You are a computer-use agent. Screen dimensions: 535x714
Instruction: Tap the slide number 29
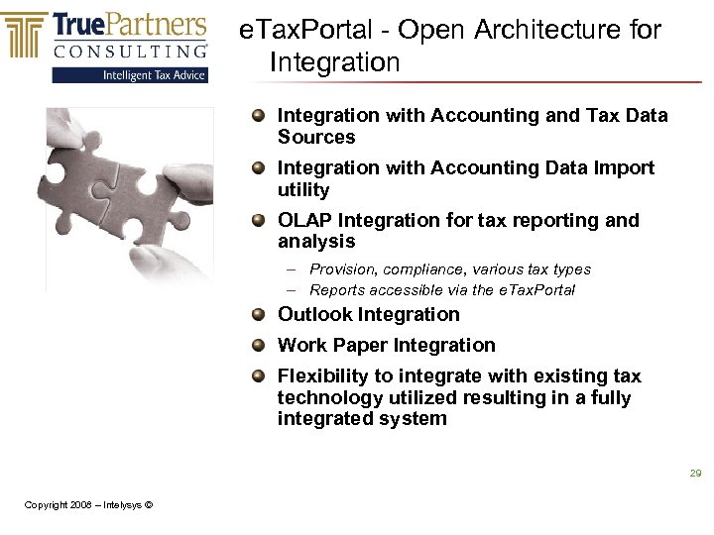coord(695,474)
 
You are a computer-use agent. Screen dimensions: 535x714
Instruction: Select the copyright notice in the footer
coord(88,505)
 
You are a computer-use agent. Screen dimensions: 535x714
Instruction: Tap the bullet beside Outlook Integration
coord(258,314)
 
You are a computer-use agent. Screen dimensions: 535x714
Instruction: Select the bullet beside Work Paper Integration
coord(258,345)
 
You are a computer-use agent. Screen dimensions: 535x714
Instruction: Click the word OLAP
coord(304,220)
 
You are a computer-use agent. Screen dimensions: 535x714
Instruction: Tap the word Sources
coord(316,137)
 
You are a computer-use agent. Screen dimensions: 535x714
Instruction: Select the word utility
coord(303,189)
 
